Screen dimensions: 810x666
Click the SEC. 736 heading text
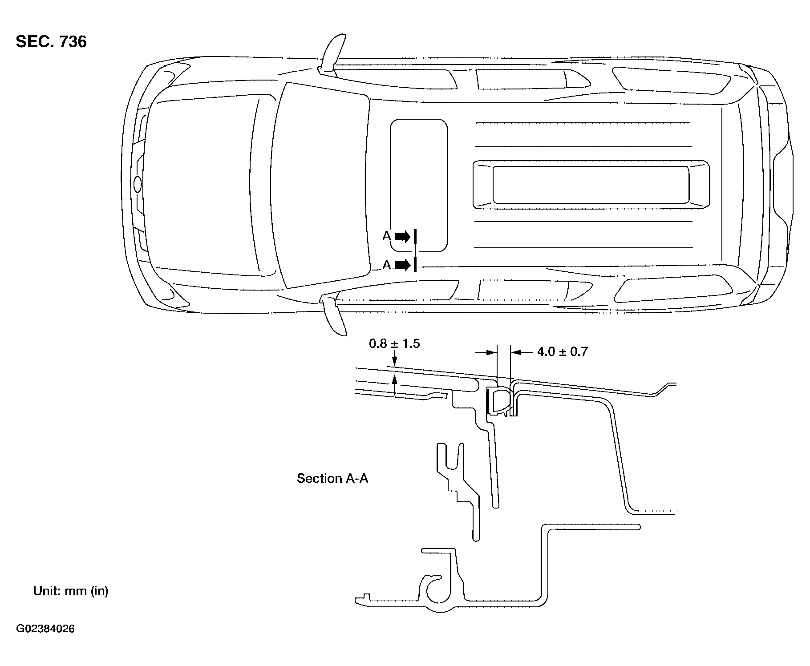tap(51, 42)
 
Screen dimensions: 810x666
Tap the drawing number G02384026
tap(45, 629)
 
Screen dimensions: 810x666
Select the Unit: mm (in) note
tap(71, 591)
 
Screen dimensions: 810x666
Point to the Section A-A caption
tap(332, 478)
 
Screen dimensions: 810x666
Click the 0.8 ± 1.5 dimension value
tap(394, 344)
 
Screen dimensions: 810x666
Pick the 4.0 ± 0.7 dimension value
tap(563, 352)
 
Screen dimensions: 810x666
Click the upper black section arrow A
tap(403, 236)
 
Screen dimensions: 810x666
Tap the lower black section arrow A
tap(403, 265)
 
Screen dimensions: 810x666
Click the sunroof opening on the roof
tap(419, 185)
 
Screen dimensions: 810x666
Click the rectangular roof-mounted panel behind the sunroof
tap(591, 185)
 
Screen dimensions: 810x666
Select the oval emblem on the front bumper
tap(138, 184)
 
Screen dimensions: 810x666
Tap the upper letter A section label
tap(387, 236)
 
